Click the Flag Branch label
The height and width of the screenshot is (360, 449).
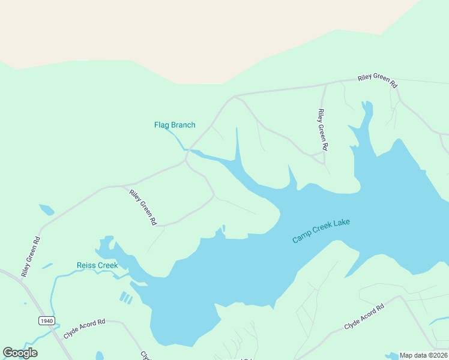pos(175,125)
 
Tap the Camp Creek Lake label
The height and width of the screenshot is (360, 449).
pos(321,230)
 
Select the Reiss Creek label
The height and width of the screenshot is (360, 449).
pos(97,265)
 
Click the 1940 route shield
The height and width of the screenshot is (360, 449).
pos(47,320)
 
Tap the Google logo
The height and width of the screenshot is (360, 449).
pos(20,353)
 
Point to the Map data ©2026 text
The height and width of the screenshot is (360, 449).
pos(423,355)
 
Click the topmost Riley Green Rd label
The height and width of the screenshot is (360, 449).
pos(378,81)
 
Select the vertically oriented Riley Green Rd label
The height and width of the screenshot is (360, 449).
pos(323,130)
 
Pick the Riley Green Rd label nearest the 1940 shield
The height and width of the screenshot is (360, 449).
pos(31,257)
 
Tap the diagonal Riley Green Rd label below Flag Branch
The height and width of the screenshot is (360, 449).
pos(143,207)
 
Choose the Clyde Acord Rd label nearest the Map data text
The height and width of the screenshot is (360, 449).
pos(364,317)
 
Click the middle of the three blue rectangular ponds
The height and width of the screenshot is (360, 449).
pos(127,298)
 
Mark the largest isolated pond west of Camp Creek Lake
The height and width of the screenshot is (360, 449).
pos(46,210)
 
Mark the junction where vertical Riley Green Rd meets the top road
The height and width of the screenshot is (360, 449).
pos(325,85)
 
